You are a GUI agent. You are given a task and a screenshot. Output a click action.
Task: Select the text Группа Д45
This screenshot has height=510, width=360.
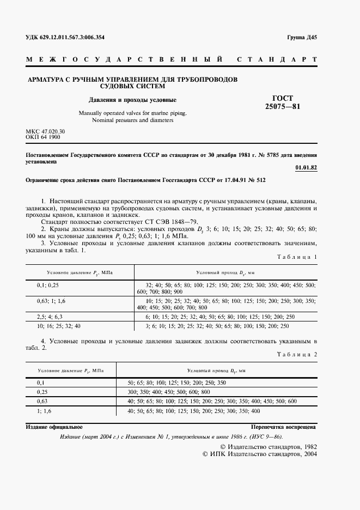302,38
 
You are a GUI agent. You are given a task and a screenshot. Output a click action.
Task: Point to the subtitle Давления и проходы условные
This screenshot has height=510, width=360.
133,100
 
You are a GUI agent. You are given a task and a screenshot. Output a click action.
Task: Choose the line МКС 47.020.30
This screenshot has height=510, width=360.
45,132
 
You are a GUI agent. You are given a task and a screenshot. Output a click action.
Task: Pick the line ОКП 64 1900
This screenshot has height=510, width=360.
43,138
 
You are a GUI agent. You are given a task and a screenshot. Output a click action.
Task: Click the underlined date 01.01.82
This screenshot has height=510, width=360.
306,167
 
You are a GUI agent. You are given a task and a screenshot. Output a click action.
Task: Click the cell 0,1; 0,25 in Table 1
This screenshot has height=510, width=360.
48,285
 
